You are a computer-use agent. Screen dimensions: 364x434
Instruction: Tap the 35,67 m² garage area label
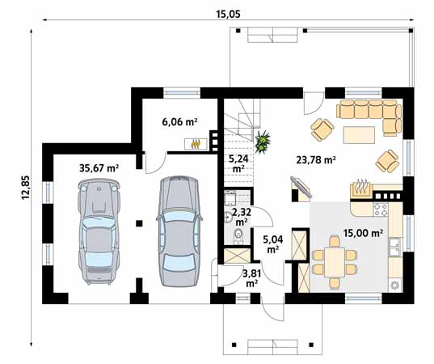[99, 168]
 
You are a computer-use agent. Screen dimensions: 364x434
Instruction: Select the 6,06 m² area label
[179, 122]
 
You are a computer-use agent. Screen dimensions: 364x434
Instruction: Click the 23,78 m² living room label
[317, 159]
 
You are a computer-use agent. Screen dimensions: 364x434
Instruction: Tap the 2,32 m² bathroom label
[241, 217]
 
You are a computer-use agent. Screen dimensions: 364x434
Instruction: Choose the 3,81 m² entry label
[251, 278]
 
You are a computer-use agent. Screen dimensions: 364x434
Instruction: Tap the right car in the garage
[177, 231]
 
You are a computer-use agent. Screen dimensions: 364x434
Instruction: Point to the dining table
[335, 258]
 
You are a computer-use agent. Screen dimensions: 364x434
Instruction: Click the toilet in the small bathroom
[237, 236]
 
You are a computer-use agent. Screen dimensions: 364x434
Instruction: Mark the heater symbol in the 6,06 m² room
[195, 146]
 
